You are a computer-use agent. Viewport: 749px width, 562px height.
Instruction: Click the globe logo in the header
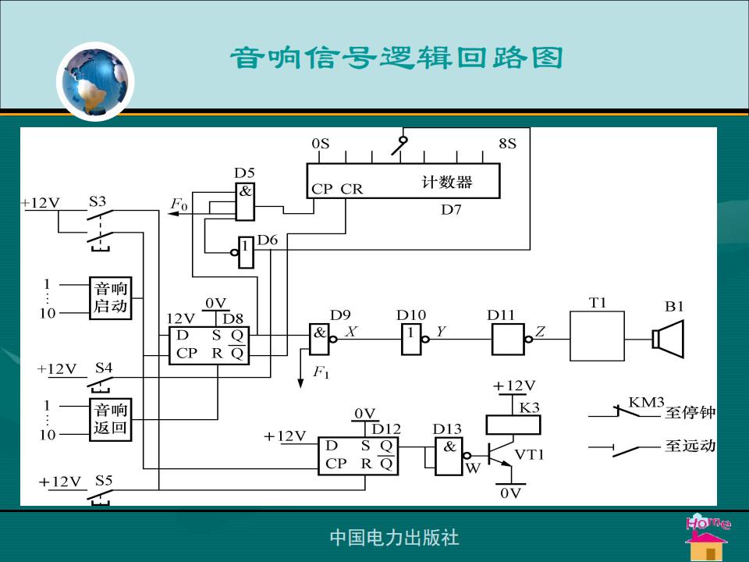(95, 82)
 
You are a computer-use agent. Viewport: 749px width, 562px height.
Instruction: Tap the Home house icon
(708, 538)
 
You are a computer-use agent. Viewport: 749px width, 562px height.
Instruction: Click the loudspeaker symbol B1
(669, 339)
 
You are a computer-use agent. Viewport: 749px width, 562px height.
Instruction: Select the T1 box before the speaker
(597, 336)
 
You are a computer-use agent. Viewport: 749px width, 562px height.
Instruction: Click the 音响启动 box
(110, 297)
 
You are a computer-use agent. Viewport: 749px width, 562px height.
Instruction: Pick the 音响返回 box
(110, 419)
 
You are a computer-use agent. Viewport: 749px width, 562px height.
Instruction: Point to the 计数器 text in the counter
(446, 182)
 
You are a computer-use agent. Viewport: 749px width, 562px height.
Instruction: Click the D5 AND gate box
(245, 201)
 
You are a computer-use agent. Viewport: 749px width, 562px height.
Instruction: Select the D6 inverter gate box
(246, 252)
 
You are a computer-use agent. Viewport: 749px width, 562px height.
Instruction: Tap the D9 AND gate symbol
(320, 340)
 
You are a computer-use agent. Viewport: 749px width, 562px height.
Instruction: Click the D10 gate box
(411, 340)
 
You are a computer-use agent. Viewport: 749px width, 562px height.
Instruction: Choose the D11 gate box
(508, 340)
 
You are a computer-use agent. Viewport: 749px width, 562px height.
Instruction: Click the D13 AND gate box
(449, 457)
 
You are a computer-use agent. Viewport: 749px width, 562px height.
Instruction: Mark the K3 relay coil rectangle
(513, 425)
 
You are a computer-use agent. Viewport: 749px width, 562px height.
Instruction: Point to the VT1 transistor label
(529, 454)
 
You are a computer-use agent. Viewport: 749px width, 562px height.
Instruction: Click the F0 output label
(179, 204)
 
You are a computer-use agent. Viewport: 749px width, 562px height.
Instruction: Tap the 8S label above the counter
(507, 144)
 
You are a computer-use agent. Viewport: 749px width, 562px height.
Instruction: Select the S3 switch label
(98, 201)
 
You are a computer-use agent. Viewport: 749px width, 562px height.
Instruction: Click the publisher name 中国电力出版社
(395, 537)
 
